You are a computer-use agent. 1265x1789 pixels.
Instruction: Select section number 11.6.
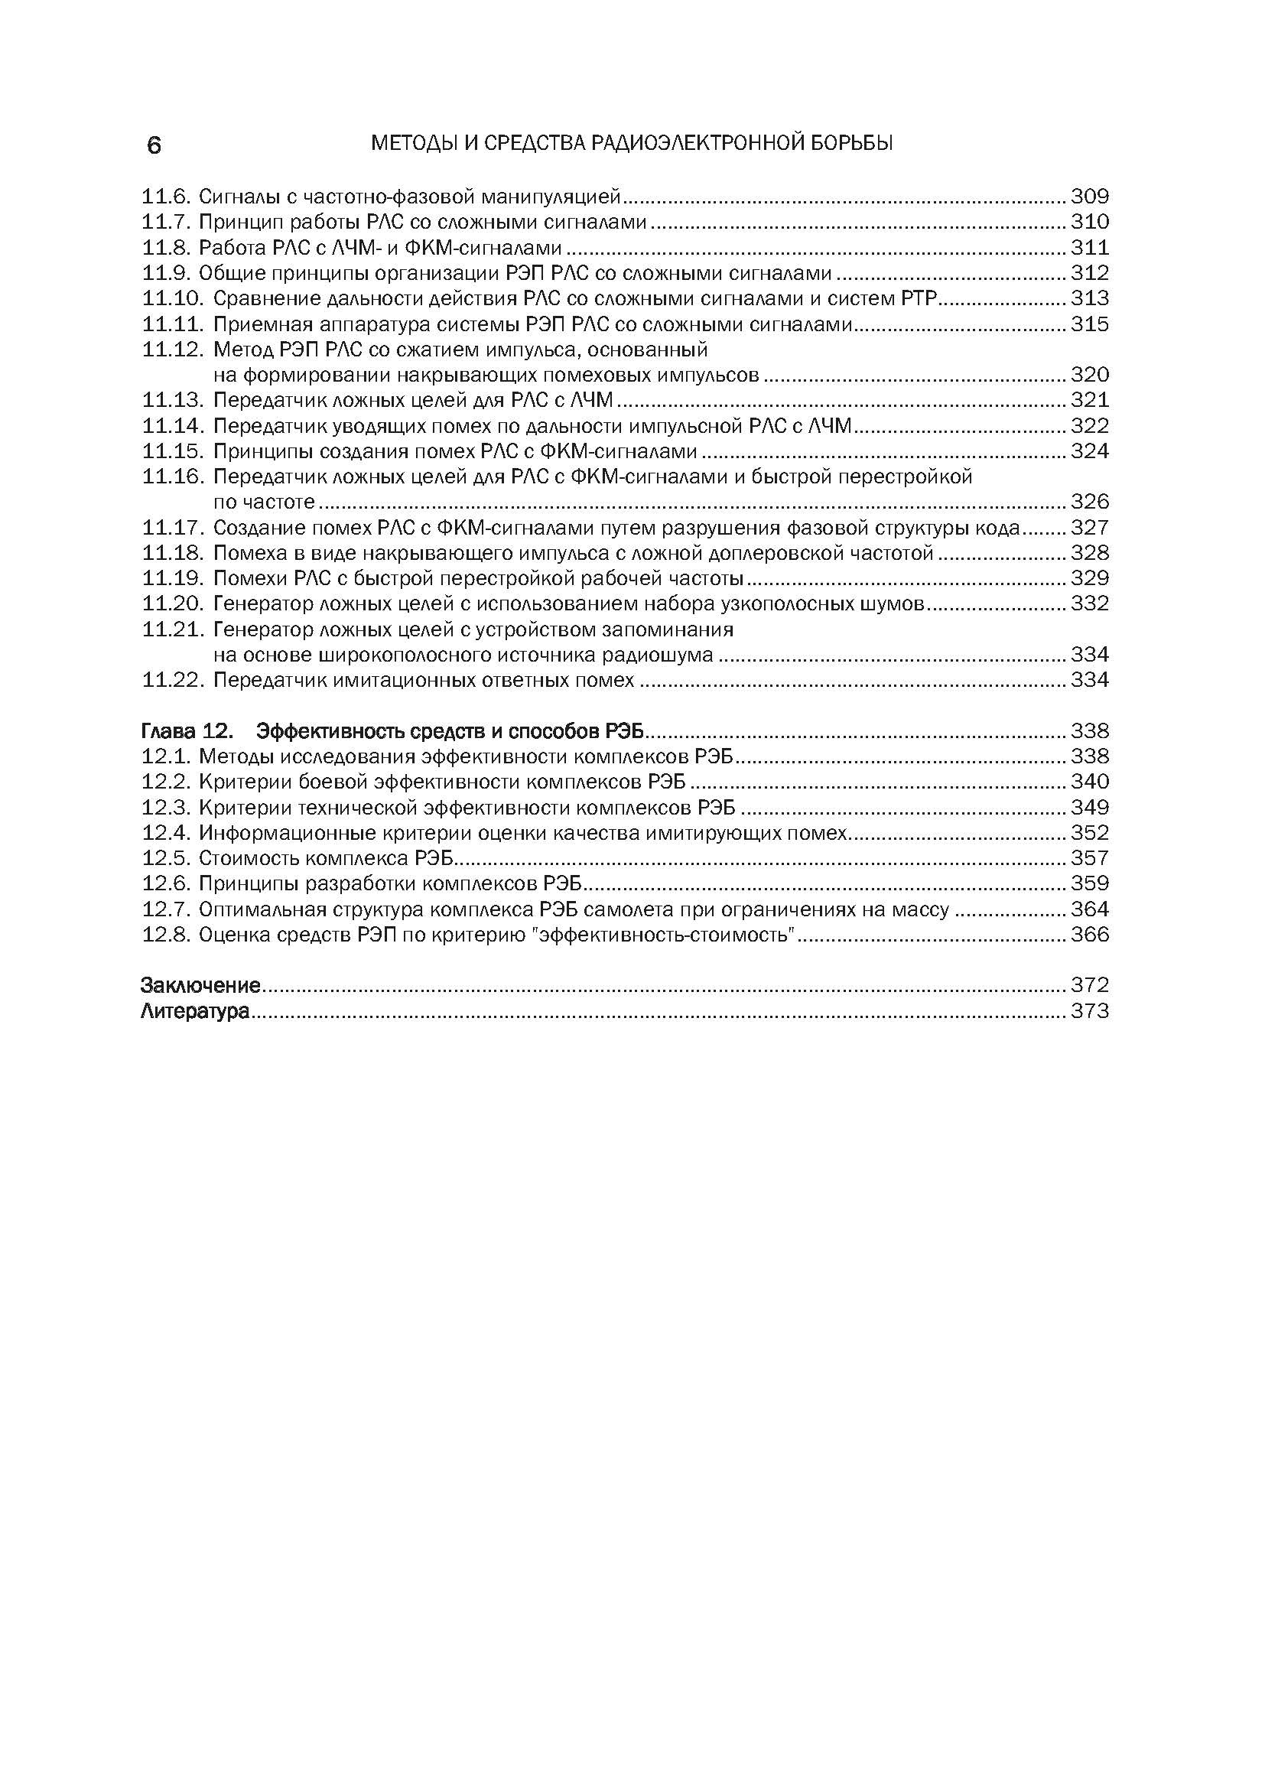tap(167, 196)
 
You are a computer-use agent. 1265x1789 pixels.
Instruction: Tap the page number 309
tap(1090, 196)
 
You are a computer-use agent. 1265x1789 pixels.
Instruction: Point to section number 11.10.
tap(174, 298)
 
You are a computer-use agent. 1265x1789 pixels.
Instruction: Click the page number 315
tap(1090, 324)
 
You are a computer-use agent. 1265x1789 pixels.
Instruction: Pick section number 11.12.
tap(174, 349)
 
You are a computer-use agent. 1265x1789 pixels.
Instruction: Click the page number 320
tap(1090, 375)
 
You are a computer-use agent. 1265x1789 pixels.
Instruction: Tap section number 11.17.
tap(174, 528)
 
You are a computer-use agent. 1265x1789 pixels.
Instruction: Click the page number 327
tap(1090, 528)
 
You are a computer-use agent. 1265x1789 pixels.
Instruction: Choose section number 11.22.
tap(174, 680)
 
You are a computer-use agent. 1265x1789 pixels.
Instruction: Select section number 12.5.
tap(167, 858)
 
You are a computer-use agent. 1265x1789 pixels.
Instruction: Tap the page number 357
tap(1090, 858)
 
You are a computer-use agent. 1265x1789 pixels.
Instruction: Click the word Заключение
tap(200, 985)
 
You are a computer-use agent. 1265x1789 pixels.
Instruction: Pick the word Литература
tap(196, 1011)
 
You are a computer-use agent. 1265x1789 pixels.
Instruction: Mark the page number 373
tap(1090, 1011)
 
